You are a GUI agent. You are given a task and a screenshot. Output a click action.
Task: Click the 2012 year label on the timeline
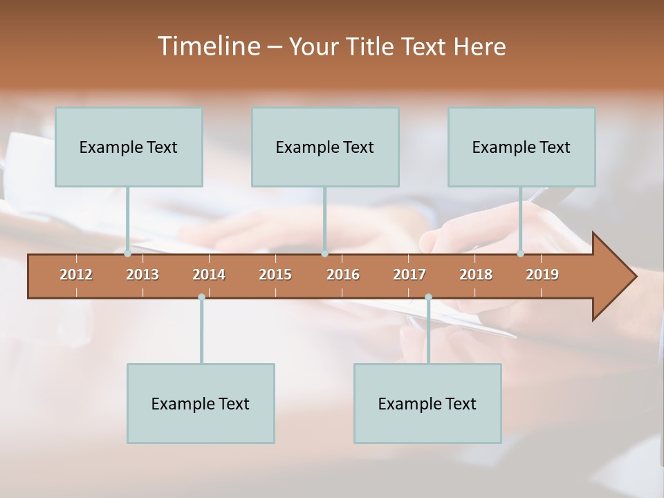coord(76,275)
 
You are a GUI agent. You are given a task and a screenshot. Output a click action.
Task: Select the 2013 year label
coord(142,275)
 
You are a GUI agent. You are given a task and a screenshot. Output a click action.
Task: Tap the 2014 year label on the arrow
coord(209,275)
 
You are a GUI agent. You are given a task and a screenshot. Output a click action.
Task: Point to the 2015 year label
coord(275,275)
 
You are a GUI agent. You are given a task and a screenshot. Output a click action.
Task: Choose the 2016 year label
coord(343,275)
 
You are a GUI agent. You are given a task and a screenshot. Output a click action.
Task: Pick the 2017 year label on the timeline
coord(409,275)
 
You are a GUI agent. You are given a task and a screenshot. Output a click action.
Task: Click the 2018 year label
coord(476,275)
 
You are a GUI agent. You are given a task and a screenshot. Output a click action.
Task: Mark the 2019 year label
coord(542,275)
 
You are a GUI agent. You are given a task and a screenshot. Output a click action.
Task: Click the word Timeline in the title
coord(208,46)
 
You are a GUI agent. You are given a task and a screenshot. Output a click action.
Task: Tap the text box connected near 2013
coord(129,147)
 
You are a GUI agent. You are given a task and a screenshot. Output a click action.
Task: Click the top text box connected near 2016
coord(325,147)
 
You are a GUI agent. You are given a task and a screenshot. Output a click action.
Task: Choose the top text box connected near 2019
coord(522,147)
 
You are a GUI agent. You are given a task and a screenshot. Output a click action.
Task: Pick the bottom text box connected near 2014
coord(201,403)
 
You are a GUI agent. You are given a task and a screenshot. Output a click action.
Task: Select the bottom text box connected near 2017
coord(427,403)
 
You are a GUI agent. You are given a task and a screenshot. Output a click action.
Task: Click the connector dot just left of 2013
coord(127,254)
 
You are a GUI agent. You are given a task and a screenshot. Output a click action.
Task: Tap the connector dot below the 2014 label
coord(201,297)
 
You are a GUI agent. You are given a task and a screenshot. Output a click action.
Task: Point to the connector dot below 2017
coord(428,297)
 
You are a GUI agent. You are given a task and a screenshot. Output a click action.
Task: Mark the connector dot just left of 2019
coord(520,254)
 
